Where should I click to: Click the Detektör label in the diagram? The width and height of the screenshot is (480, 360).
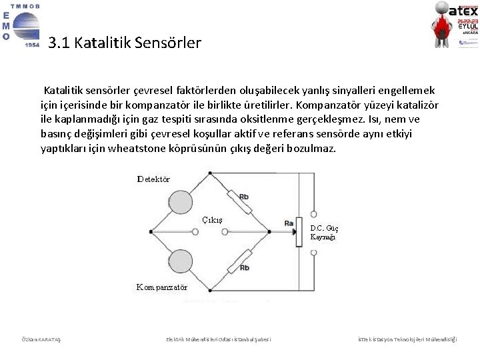click(153, 179)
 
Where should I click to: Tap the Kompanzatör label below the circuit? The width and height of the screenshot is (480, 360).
click(162, 287)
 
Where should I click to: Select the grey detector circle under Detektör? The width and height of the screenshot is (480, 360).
click(179, 203)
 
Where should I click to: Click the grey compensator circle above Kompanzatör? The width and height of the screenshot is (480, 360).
click(179, 261)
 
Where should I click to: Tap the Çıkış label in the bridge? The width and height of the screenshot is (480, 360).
click(212, 220)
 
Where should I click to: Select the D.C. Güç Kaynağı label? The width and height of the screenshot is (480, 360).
click(323, 232)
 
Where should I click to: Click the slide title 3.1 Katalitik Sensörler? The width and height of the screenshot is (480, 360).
click(125, 43)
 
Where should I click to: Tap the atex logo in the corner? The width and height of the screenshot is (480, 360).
click(457, 25)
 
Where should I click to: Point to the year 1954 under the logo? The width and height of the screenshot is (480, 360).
click(31, 45)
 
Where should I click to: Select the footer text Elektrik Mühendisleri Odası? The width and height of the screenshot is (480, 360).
click(219, 339)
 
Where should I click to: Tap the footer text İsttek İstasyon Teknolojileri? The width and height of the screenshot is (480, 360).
click(407, 339)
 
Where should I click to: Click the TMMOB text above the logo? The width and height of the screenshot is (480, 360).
click(25, 6)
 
